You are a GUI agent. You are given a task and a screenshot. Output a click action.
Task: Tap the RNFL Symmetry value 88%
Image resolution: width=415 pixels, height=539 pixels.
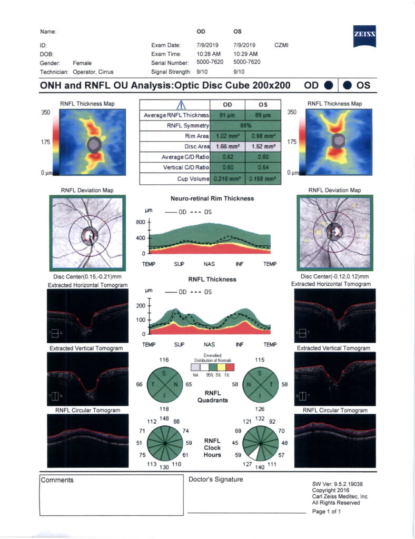coord(246,125)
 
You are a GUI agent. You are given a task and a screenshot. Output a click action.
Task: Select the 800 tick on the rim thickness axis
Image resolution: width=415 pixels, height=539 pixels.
coord(141,222)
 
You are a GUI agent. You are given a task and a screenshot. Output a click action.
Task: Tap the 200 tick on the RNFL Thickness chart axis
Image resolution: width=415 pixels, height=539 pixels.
coord(141,305)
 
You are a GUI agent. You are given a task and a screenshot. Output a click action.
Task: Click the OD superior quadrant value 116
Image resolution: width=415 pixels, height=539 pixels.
coord(164,360)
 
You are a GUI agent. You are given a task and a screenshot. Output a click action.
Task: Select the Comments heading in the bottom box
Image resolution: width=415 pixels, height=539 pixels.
coord(57,480)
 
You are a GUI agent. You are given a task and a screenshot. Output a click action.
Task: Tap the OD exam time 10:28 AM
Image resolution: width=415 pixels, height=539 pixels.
coord(208,54)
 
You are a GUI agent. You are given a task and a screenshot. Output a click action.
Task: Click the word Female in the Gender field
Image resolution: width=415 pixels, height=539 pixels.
coord(82,62)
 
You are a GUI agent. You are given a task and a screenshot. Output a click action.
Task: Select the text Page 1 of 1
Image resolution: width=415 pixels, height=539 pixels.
coord(327,512)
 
